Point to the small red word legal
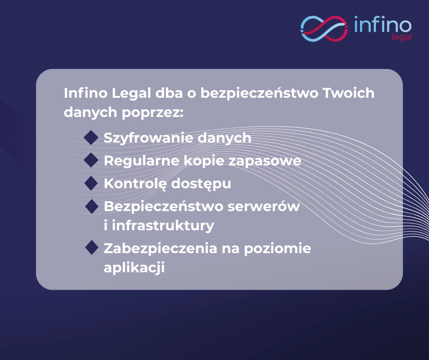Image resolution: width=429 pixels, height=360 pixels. pyautogui.click(x=402, y=37)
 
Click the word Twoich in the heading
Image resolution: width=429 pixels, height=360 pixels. pyautogui.click(x=349, y=93)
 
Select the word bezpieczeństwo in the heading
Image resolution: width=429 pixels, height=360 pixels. pyautogui.click(x=260, y=93)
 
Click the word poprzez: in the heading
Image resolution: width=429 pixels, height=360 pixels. pyautogui.click(x=152, y=113)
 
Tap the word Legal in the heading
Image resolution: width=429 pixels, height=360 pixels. pyautogui.click(x=131, y=94)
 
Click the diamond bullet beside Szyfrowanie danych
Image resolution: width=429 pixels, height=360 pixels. pyautogui.click(x=91, y=137)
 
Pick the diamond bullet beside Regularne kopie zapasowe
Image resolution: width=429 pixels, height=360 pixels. pyautogui.click(x=91, y=160)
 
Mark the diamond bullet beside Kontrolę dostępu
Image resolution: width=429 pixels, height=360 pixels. pyautogui.click(x=91, y=183)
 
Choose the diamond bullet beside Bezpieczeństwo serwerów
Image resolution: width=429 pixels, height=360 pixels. pyautogui.click(x=92, y=206)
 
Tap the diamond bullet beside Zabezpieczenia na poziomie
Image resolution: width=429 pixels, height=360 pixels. pyautogui.click(x=92, y=248)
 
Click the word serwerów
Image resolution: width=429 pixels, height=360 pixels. pyautogui.click(x=264, y=206)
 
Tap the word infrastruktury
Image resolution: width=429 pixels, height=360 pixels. pyautogui.click(x=163, y=226)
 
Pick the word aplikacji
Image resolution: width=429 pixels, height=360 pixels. pyautogui.click(x=134, y=267)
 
